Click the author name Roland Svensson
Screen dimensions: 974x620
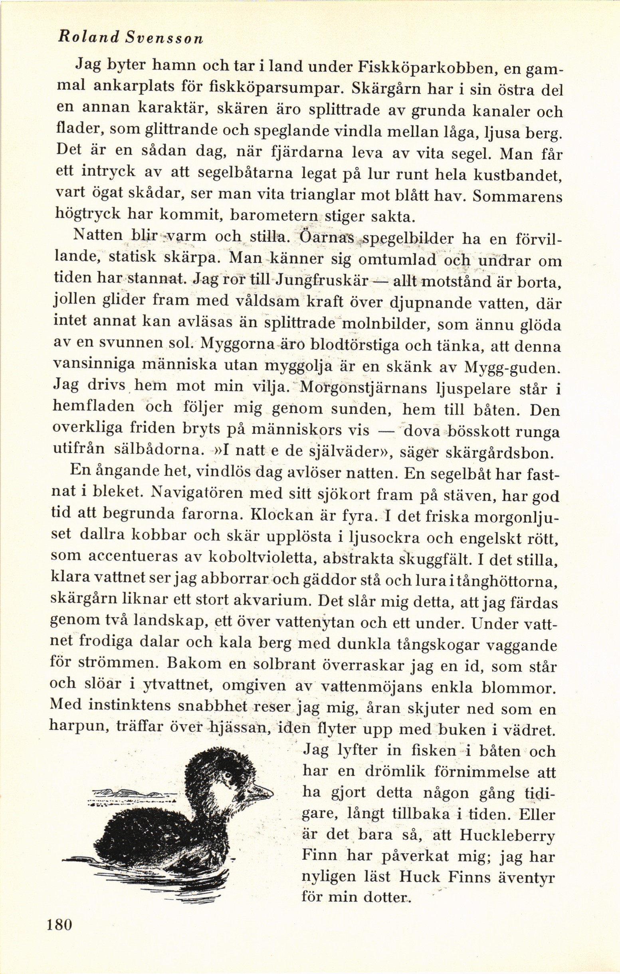pos(131,37)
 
